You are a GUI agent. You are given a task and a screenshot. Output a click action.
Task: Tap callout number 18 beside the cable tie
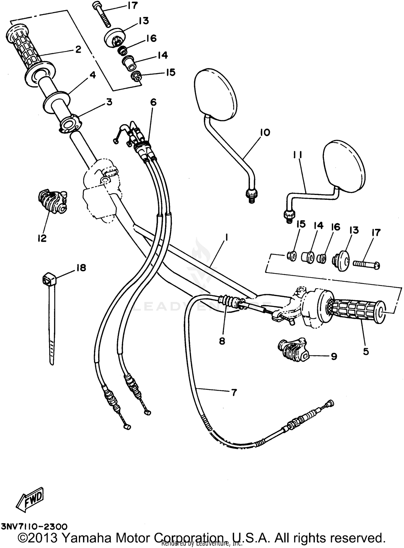coord(81,268)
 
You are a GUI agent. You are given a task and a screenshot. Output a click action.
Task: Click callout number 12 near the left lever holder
coord(42,238)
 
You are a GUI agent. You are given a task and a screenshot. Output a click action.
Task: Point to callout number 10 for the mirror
coord(265,133)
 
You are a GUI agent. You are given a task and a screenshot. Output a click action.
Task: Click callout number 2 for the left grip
coord(78,49)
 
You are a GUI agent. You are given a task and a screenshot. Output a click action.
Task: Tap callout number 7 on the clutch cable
coord(234,393)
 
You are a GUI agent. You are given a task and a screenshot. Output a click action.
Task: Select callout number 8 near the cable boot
coord(222,341)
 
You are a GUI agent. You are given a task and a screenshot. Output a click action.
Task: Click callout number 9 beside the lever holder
coord(334,356)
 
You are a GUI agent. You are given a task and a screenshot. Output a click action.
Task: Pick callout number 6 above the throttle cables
coord(153,102)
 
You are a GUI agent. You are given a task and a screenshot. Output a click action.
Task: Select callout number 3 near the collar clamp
coord(109,102)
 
